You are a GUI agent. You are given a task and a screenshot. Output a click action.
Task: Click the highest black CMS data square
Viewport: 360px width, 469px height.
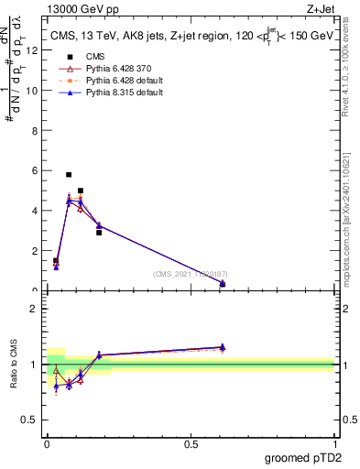pos(69,174)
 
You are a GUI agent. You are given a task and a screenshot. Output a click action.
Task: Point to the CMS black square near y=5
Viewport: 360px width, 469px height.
pos(81,191)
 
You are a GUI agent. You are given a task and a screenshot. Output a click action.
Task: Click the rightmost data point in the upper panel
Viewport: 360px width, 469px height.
pos(223,284)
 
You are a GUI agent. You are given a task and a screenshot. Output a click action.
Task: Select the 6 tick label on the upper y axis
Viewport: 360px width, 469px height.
pos(35,170)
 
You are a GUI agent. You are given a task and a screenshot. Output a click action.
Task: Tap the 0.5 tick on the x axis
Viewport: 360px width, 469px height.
pos(191,443)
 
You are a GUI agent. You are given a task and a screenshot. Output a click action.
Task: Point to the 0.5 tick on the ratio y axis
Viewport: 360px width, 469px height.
pos(33,420)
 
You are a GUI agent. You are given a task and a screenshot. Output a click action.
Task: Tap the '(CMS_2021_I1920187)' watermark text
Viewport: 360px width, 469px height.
pos(190,273)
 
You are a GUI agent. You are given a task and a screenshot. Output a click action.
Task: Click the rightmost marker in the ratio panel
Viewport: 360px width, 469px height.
pos(223,347)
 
